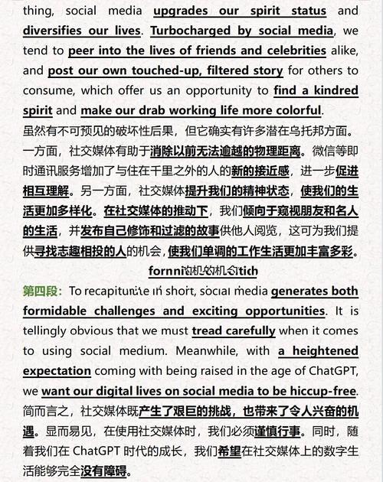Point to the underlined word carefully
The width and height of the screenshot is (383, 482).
[244, 331]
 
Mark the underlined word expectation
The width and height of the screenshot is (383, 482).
[57, 371]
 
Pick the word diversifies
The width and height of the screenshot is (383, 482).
[55, 31]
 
